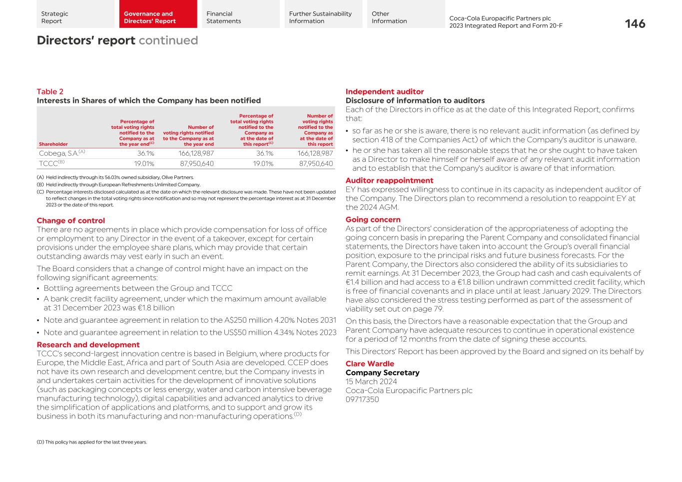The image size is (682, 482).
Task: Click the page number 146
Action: tap(635, 24)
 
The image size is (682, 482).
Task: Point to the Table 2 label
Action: tap(50, 91)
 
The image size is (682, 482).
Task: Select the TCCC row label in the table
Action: tap(51, 163)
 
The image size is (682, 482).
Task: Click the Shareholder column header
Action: tap(53, 144)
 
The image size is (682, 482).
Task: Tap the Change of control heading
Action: tap(70, 221)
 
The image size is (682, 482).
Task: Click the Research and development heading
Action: tap(88, 345)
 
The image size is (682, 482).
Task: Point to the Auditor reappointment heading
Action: tap(389, 180)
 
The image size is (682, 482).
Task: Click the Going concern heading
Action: tap(373, 220)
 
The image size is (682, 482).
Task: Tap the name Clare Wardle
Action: tap(369, 364)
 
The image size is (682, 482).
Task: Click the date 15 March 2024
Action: tap(371, 382)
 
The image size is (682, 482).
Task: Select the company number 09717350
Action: tap(362, 400)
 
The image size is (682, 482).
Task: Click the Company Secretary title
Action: tap(382, 373)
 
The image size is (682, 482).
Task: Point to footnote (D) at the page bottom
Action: tap(91, 442)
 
